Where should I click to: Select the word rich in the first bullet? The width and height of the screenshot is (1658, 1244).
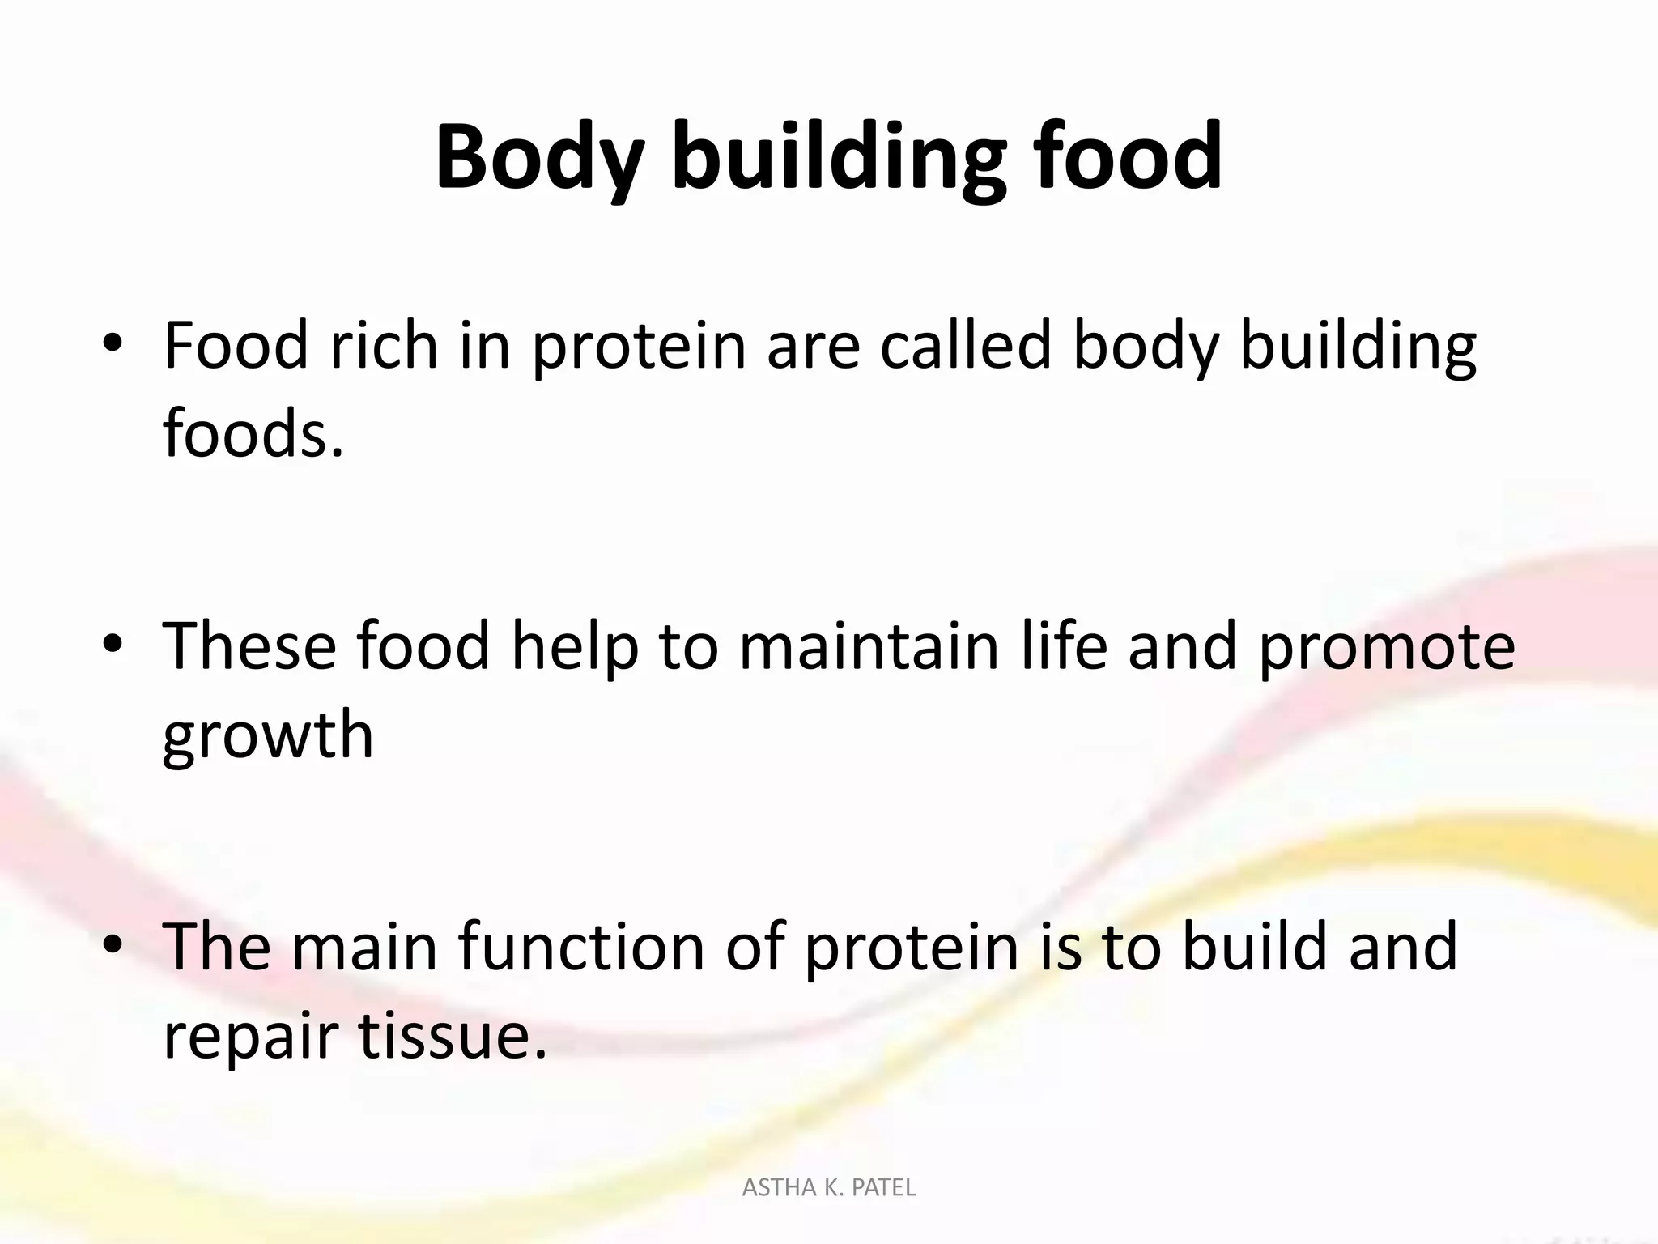385,347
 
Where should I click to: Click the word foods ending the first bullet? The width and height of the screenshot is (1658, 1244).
253,433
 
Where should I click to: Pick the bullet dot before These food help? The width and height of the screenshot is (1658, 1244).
113,645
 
